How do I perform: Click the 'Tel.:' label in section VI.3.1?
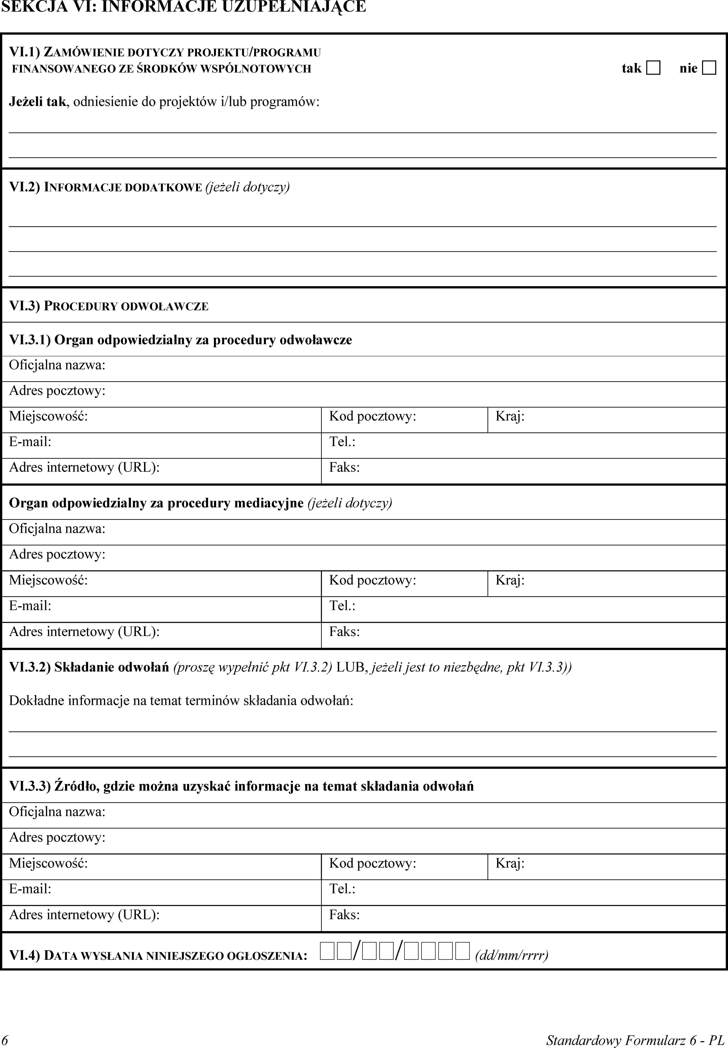(x=342, y=441)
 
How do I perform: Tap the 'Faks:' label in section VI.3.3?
(x=344, y=914)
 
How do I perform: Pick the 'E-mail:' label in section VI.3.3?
(x=30, y=889)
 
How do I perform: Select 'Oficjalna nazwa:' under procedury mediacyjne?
(x=57, y=529)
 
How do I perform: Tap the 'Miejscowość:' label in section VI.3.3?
(x=48, y=863)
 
